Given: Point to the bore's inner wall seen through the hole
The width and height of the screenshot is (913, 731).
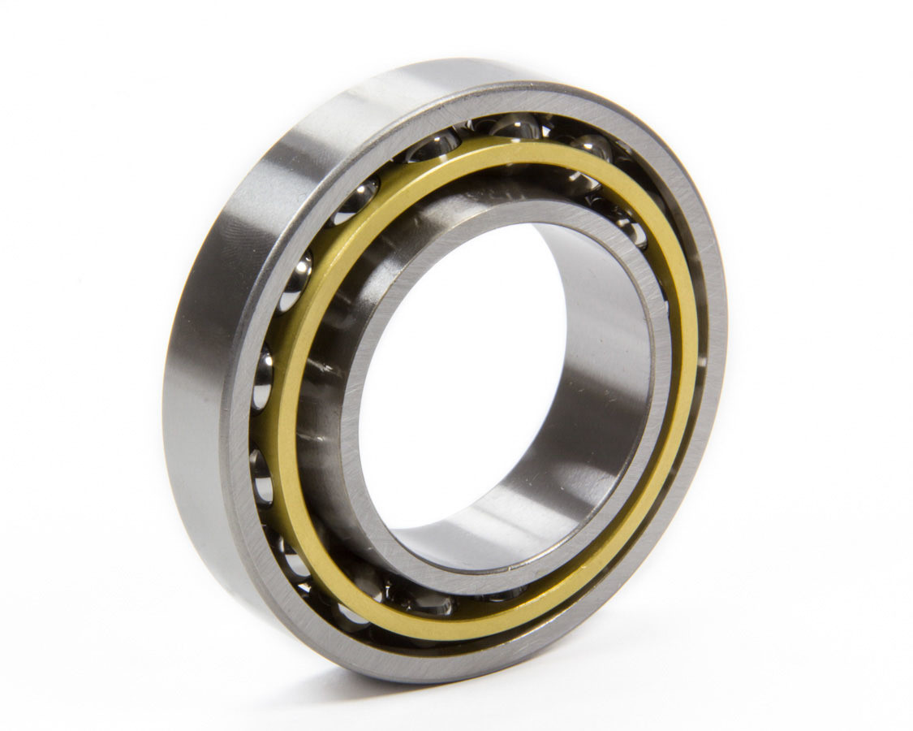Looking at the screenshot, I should coord(592,390).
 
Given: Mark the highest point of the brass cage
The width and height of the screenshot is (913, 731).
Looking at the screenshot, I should coord(519,146).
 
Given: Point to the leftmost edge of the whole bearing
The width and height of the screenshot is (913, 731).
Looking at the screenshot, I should coord(164,390).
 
